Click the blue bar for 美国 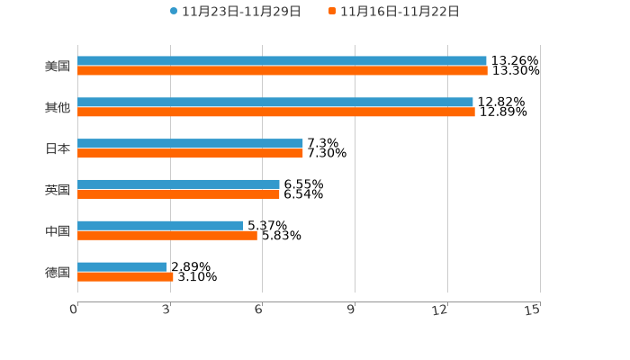point(282,61)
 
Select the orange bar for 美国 point(283,71)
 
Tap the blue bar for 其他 point(275,103)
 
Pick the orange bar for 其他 point(276,112)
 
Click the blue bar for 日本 point(190,144)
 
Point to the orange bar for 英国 point(178,194)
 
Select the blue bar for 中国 point(160,226)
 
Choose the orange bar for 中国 point(167,236)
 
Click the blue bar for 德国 point(122,267)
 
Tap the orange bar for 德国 point(125,277)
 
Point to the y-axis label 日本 point(58,149)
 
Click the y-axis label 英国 point(58,190)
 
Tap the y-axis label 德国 point(58,272)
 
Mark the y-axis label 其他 point(58,108)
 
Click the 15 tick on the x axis point(533,310)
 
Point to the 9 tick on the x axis point(351,310)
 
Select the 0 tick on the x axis point(75,310)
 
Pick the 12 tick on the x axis point(440,310)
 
